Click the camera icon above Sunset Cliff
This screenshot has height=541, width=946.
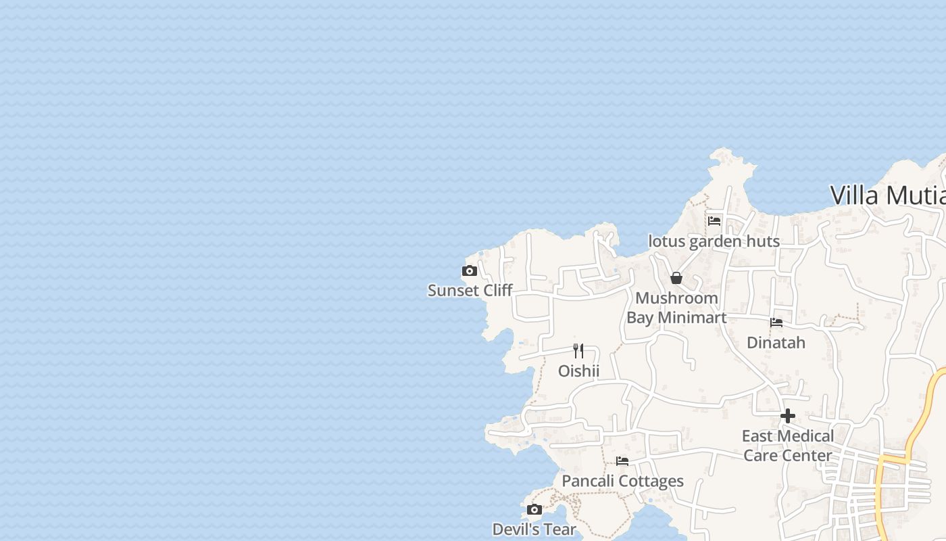coord(470,271)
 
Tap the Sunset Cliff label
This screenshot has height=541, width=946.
coord(470,291)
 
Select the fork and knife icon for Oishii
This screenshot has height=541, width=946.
coord(578,350)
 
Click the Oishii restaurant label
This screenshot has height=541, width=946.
coord(578,371)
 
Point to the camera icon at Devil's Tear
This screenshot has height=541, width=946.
coord(534,509)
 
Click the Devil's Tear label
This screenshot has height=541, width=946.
coord(534,530)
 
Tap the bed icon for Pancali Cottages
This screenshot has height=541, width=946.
coord(622,461)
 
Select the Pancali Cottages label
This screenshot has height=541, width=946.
coord(622,481)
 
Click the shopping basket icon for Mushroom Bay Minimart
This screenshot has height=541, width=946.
coord(676,278)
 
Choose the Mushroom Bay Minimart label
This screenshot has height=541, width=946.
coord(676,308)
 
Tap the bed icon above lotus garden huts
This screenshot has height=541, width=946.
coord(714,220)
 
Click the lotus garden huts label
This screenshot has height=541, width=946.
coord(714,241)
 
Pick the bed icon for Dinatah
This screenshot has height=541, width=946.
coord(776,323)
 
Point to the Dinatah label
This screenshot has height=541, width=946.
coord(776,343)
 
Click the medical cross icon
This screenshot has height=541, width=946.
coord(788,416)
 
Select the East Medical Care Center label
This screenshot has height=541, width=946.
coord(788,446)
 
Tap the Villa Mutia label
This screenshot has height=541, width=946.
coord(887,195)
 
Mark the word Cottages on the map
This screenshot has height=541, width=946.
coord(651,481)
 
